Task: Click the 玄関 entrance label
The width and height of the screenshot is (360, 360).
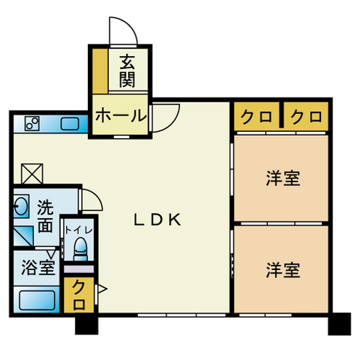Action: [127, 71]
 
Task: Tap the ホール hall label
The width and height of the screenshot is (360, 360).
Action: [121, 115]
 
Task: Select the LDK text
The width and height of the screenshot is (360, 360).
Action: [157, 220]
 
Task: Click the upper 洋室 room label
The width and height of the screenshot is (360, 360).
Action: [283, 178]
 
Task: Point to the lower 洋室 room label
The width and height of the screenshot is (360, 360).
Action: [283, 270]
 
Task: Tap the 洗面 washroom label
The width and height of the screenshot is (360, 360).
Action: [45, 216]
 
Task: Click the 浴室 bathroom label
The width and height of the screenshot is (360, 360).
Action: [38, 268]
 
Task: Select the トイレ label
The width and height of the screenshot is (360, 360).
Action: [79, 230]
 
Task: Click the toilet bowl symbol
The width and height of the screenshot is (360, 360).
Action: [80, 248]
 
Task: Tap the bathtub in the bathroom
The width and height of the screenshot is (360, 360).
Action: [37, 300]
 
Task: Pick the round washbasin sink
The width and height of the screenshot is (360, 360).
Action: [21, 206]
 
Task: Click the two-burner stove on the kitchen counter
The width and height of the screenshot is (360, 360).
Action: [32, 124]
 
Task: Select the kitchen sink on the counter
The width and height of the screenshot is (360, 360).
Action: [70, 124]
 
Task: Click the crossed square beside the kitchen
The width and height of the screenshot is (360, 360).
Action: [32, 173]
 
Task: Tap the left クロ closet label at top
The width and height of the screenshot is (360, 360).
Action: [256, 117]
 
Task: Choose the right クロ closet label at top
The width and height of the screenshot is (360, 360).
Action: [306, 117]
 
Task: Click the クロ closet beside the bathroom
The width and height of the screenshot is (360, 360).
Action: [79, 295]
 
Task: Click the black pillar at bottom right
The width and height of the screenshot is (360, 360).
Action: [340, 323]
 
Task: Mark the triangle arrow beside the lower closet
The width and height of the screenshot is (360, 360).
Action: [102, 289]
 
